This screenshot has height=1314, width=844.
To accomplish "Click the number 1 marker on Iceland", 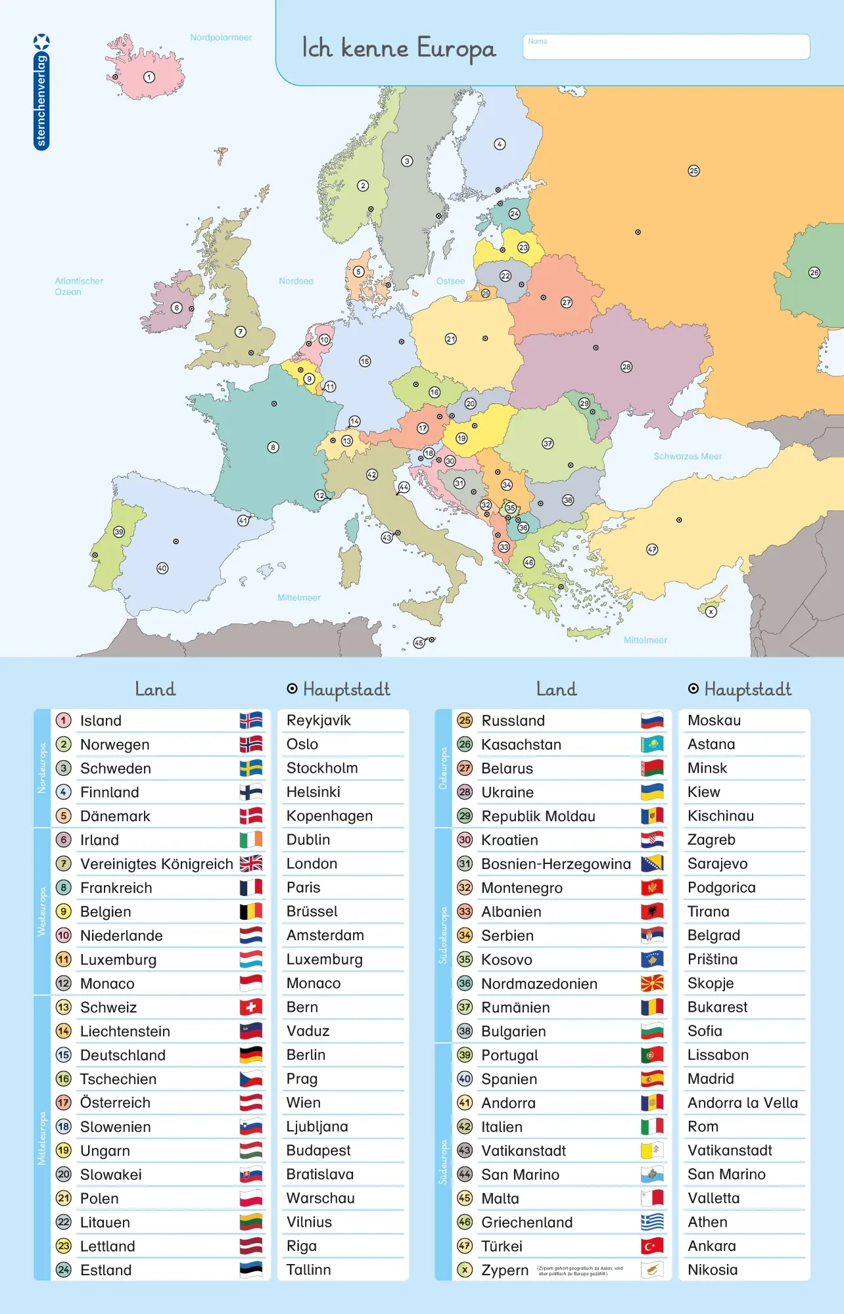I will point(149,78).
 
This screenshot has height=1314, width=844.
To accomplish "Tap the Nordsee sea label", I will point(296,281).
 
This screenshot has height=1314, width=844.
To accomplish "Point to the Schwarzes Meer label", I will point(687,456).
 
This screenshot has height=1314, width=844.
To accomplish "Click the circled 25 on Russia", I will point(693,171).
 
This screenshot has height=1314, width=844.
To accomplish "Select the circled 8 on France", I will point(273,447).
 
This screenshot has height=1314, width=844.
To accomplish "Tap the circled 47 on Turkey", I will point(652,549).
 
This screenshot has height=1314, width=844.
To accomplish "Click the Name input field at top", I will point(666,47).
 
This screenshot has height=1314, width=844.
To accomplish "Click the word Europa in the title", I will point(456,49).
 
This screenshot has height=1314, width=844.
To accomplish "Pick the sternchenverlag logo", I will point(41,92).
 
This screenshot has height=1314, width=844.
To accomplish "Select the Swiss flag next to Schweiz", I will point(250,1007).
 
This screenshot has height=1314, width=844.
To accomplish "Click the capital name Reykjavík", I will point(319,721).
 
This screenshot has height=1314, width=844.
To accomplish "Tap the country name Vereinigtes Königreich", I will point(156,864).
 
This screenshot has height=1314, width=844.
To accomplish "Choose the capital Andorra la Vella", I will point(742,1103).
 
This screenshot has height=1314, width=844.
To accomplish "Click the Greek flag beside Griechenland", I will point(652,1222).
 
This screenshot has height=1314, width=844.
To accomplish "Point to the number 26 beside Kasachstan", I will point(465,744).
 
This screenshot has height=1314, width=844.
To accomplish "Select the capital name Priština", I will point(713,959).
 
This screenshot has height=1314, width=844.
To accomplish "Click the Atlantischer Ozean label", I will point(78,286).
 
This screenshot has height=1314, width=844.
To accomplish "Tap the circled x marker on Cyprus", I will point(711,612).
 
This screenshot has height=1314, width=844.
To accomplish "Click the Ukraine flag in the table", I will point(652,792).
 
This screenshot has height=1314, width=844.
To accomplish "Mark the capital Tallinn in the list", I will point(308,1270).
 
